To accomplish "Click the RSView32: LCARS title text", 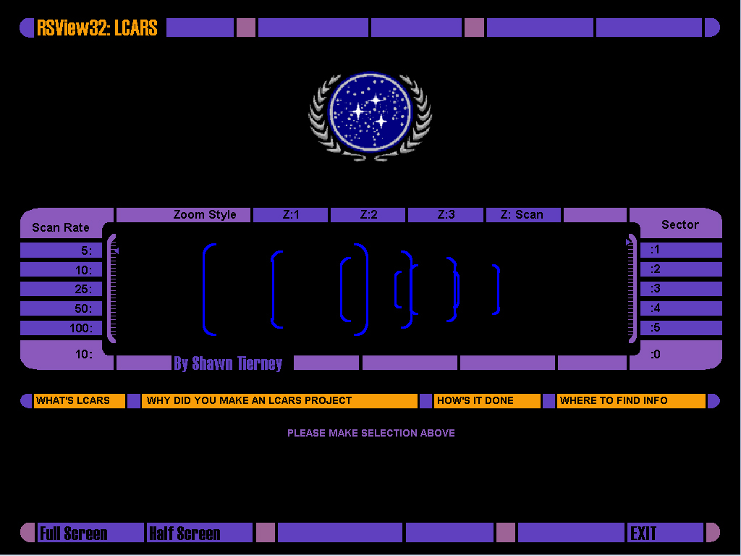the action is [x=97, y=28].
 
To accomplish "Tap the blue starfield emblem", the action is [x=370, y=116].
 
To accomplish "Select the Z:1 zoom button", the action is [x=291, y=214].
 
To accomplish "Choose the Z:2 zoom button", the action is [x=368, y=214].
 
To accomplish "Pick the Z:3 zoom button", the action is [x=446, y=214].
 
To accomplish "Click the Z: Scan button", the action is [x=523, y=214].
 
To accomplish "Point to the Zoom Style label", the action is [x=205, y=214].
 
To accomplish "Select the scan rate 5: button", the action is [x=61, y=250].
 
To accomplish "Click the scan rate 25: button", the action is [x=61, y=289].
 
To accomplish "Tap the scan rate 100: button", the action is [x=61, y=328].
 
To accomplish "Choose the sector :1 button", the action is [x=681, y=250].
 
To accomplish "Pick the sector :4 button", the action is [x=681, y=308].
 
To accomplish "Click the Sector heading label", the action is [x=680, y=224].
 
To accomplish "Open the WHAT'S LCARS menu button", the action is [x=80, y=401].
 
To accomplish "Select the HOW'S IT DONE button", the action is [x=487, y=401].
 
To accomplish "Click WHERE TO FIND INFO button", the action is [x=631, y=401].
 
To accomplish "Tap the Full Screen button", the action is [x=90, y=533].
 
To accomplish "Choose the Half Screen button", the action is [x=200, y=533].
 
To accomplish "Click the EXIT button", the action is [x=666, y=533].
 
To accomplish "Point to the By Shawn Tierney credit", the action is [x=228, y=363].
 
